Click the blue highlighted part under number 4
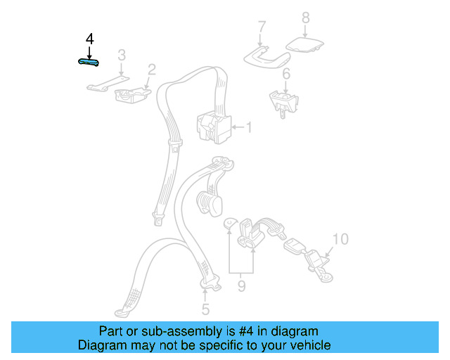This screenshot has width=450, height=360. [88, 62]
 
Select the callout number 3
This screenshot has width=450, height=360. [121, 55]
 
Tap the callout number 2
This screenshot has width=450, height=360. [151, 69]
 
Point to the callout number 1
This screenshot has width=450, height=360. [247, 127]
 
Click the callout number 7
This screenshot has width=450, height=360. [262, 28]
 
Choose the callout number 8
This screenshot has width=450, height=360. [305, 17]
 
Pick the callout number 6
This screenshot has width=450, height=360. [286, 74]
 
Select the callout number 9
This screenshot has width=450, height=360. [241, 286]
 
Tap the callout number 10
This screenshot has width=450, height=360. [340, 239]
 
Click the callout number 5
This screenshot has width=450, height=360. [205, 309]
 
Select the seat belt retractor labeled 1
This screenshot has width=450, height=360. [214, 127]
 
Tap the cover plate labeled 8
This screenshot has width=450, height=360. [307, 47]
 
